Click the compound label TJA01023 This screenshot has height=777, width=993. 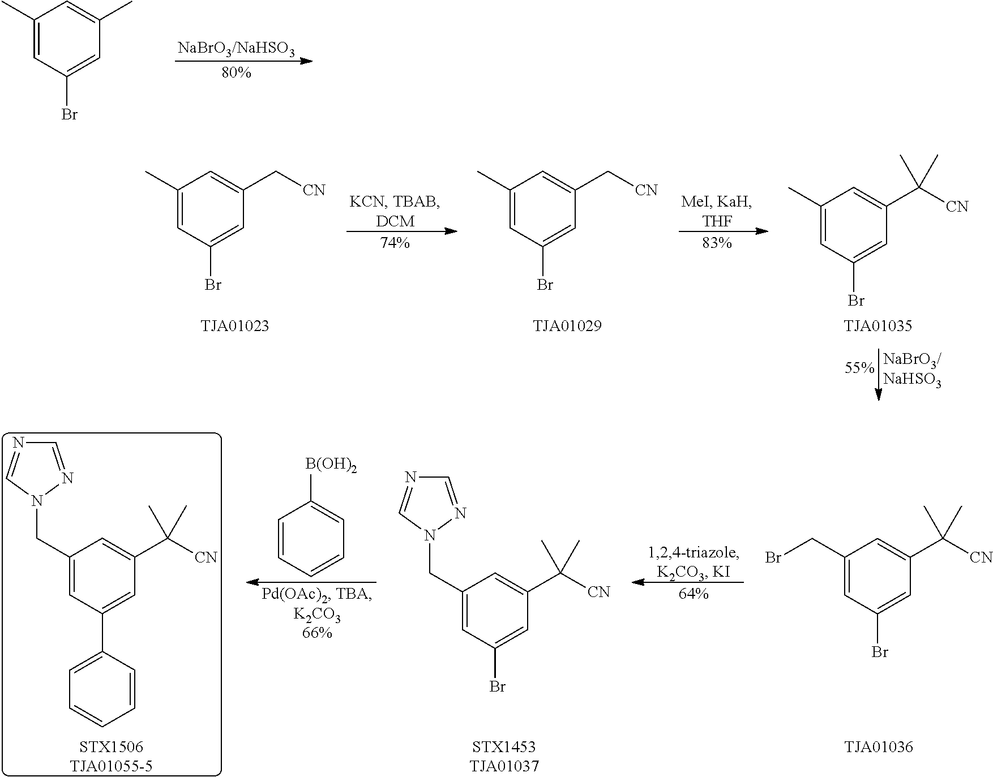234,326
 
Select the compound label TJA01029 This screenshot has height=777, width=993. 567,326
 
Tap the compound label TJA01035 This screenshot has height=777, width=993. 878,326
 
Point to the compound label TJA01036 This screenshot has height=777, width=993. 879,747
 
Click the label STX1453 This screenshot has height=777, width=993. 504,747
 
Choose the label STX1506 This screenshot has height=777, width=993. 111,747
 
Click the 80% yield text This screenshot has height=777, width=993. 236,73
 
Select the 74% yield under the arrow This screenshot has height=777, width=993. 395,243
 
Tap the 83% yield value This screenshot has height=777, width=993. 717,243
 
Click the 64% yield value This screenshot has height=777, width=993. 694,594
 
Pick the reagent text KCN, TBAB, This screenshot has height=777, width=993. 395,202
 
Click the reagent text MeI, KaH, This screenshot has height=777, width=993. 717,202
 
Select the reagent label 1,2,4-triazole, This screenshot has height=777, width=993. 694,552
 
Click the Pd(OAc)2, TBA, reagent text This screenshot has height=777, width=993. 317,595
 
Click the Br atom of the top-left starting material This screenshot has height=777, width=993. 69,115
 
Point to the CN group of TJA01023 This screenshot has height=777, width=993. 314,190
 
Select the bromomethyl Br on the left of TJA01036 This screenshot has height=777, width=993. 773,557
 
